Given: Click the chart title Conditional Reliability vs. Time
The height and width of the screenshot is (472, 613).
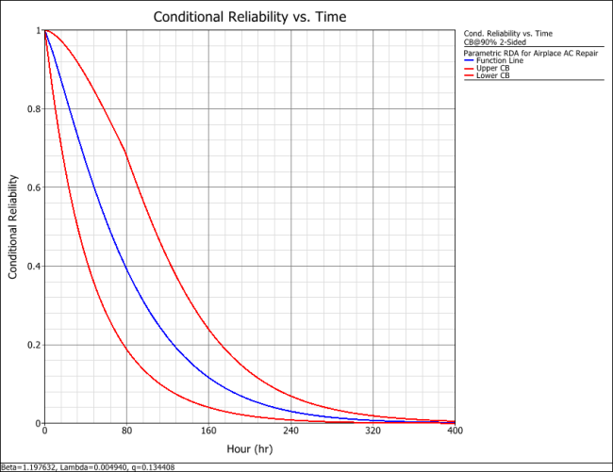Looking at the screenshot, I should coord(249,16).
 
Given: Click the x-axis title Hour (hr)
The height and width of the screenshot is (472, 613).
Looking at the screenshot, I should coord(250,449).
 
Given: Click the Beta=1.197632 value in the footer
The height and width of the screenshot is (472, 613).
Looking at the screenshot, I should coord(28,466).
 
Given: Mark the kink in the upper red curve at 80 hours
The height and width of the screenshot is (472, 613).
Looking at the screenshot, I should coord(126,151).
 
